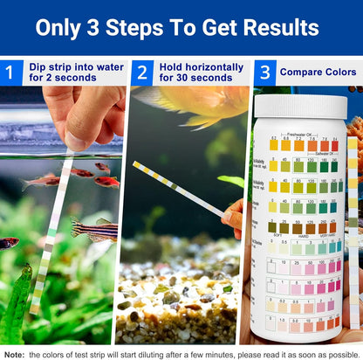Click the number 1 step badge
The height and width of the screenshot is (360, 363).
[x=10, y=72]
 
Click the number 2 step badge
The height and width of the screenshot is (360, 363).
[x=142, y=72]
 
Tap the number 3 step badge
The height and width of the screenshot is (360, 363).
[x=264, y=72]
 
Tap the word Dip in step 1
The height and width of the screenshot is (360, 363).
[x=38, y=66]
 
